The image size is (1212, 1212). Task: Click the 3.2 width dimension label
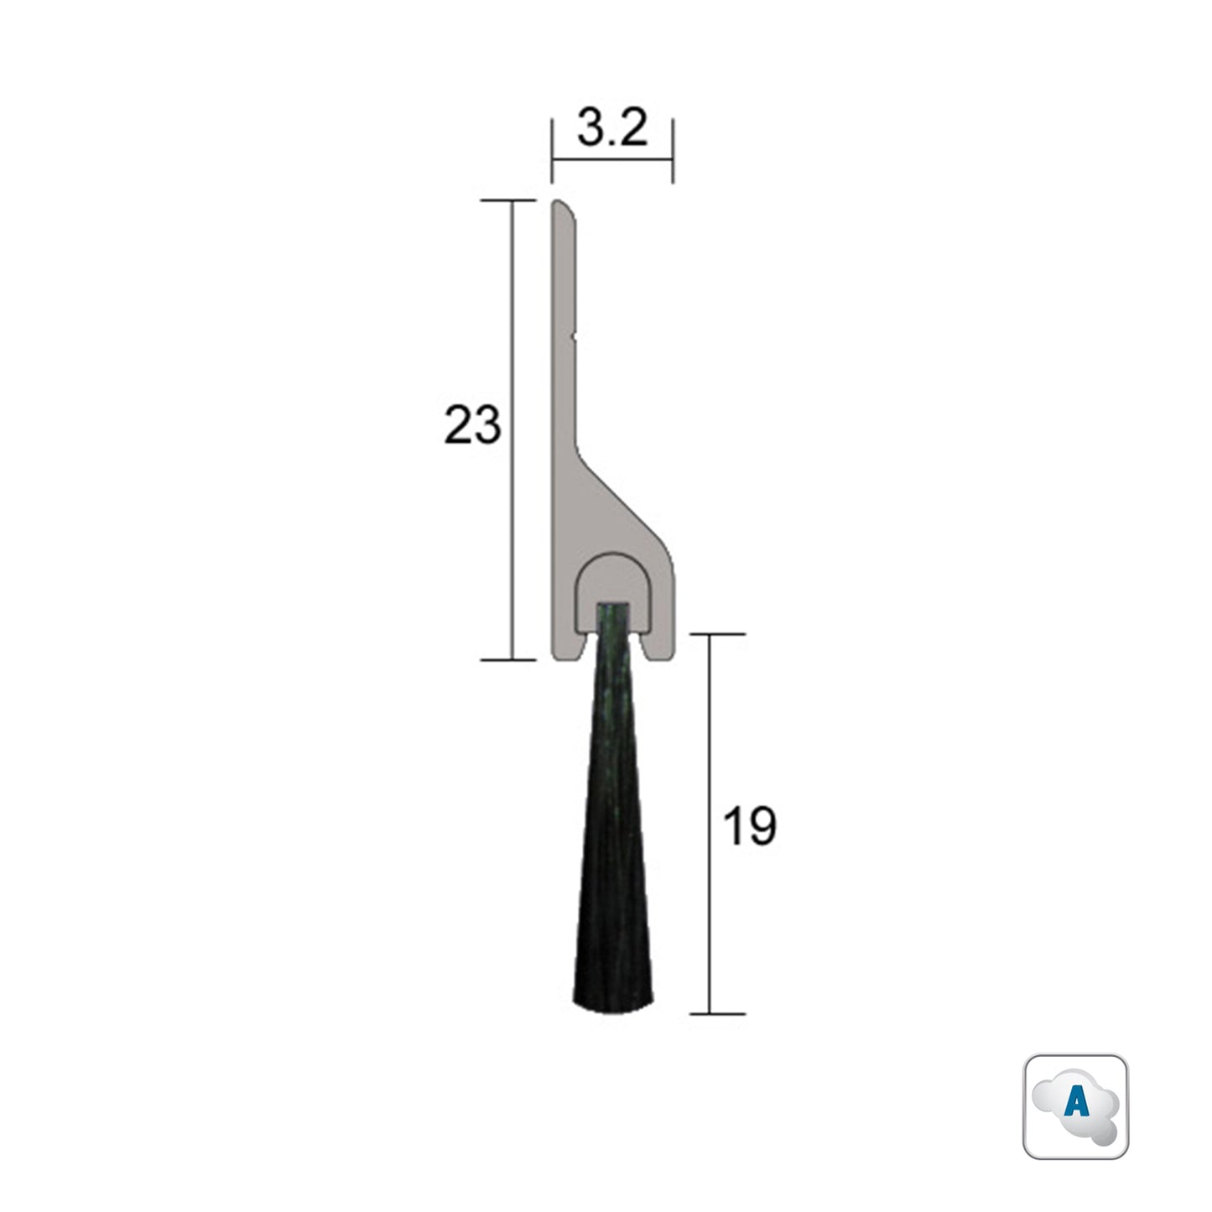pos(612,130)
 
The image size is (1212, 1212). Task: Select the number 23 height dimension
pos(472,425)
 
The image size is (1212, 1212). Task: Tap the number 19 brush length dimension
pos(749,827)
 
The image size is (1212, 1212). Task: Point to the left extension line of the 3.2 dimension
pos(552,151)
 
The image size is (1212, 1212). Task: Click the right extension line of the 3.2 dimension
pos(674,151)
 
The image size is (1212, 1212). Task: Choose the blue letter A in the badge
pos(1076,1104)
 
